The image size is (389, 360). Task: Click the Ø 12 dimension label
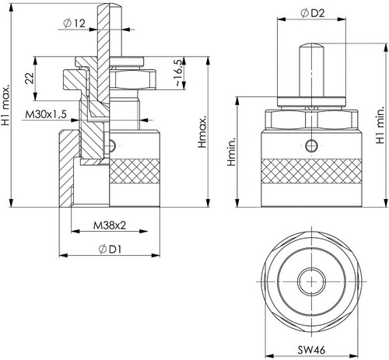(74, 23)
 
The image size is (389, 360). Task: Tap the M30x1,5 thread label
(46, 114)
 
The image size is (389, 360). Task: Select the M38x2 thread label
(110, 225)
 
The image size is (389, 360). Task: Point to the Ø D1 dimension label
(110, 250)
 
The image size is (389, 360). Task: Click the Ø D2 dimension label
(313, 13)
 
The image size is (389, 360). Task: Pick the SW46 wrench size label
(311, 350)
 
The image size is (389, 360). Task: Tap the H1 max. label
(5, 104)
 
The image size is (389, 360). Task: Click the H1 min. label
(380, 125)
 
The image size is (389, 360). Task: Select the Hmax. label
(202, 131)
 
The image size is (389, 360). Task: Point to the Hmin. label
(231, 152)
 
